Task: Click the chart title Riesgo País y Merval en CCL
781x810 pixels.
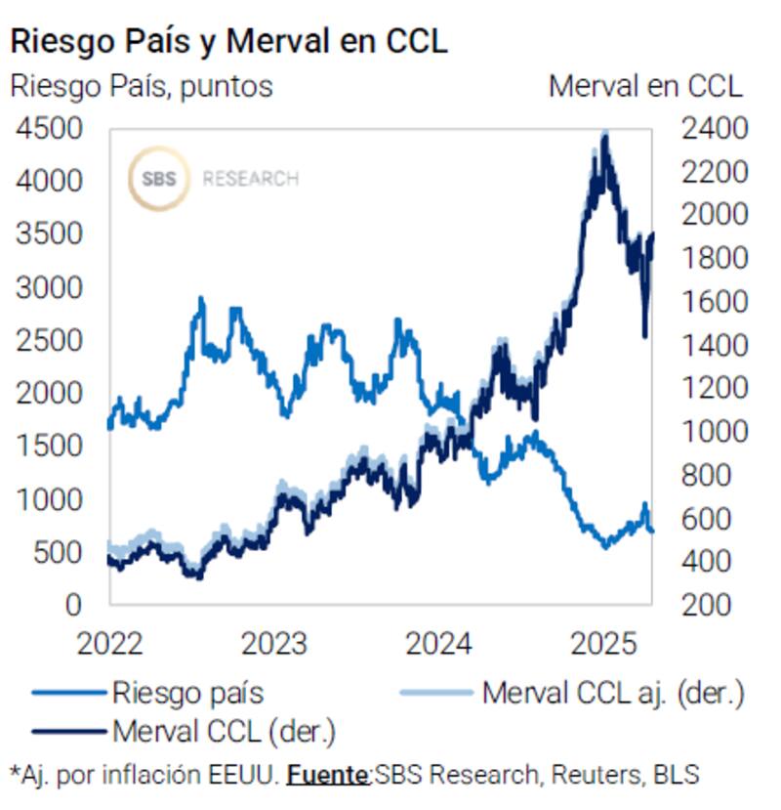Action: [x=228, y=41]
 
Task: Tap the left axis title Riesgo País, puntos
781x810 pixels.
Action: [x=142, y=86]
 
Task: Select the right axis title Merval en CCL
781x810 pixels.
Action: [x=645, y=86]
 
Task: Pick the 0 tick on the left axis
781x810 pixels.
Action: [x=74, y=605]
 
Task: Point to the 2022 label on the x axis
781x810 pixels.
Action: [x=110, y=645]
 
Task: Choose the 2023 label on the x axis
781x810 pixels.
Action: [x=274, y=645]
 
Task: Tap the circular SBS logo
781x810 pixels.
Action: [x=158, y=179]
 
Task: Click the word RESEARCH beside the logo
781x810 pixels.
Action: [x=250, y=180]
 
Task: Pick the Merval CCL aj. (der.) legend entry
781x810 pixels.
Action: [x=612, y=694]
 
